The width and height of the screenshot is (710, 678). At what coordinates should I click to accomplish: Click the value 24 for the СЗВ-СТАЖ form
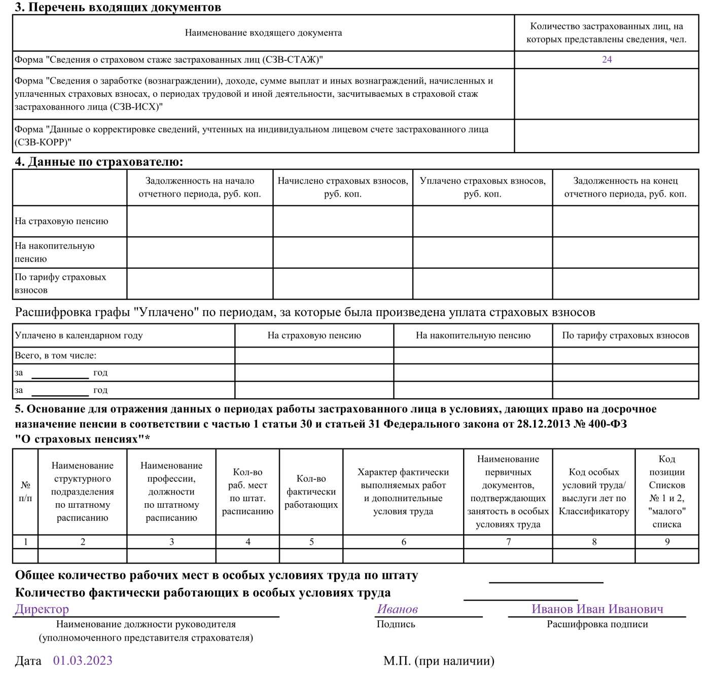click(x=607, y=59)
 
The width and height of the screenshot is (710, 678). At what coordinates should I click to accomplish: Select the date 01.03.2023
click(x=83, y=660)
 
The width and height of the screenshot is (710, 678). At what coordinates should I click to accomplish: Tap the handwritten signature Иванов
click(x=397, y=609)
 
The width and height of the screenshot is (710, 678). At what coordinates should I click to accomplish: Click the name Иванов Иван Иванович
click(x=597, y=609)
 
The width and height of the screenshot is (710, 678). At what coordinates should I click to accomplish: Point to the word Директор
click(x=42, y=609)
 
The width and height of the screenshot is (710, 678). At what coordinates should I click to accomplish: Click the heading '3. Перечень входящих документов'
click(x=118, y=7)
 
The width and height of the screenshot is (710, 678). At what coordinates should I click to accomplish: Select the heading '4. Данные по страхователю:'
click(x=99, y=162)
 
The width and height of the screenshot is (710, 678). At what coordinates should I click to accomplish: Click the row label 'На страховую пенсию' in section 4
click(x=61, y=221)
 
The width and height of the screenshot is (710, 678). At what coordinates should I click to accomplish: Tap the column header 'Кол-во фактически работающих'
click(x=311, y=492)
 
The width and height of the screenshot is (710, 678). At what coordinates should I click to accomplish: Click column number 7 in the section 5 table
click(x=508, y=542)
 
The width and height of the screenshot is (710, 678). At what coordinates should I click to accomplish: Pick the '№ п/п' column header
click(x=25, y=492)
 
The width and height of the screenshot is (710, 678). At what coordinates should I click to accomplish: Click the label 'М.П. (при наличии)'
click(x=439, y=661)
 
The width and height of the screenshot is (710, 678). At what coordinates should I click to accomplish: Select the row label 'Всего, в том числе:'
click(x=55, y=355)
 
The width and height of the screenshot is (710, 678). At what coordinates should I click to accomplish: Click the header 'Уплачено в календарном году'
click(x=79, y=335)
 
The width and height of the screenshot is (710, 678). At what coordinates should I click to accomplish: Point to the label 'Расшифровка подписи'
click(x=597, y=624)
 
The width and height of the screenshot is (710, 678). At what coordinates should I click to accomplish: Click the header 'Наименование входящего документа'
click(x=263, y=33)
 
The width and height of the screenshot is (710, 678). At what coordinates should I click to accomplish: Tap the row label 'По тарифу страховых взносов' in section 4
click(x=60, y=283)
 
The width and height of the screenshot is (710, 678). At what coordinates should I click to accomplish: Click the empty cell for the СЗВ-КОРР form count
click(x=607, y=136)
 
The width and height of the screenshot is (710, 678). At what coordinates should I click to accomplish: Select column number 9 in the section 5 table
click(x=667, y=542)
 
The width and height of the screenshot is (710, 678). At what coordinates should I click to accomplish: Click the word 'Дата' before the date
click(x=28, y=661)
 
